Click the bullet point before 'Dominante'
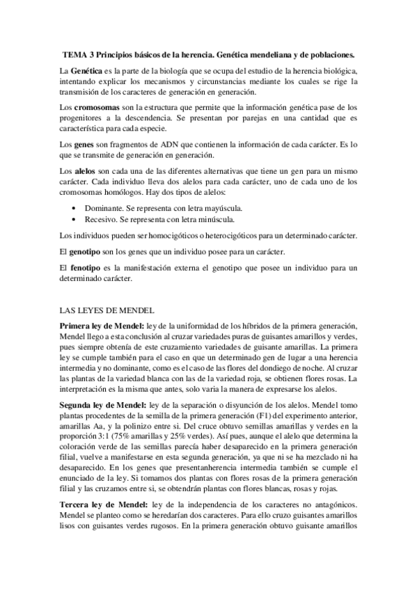pos(74,208)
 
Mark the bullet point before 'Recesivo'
pos(74,219)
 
